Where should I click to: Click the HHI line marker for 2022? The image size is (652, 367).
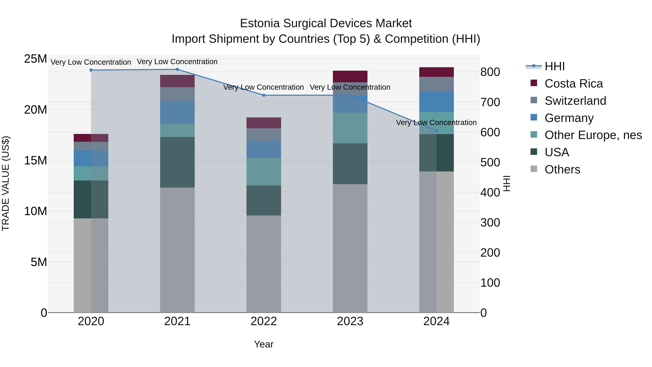pyautogui.click(x=264, y=95)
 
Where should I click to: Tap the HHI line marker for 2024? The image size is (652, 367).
pyautogui.click(x=436, y=131)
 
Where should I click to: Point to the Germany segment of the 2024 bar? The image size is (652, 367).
pyautogui.click(x=436, y=101)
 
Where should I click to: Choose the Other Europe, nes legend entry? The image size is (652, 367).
pyautogui.click(x=593, y=135)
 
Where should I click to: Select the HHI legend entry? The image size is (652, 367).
pyautogui.click(x=554, y=66)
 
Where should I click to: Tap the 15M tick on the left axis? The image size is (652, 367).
pyautogui.click(x=35, y=161)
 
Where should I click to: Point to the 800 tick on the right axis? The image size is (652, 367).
pyautogui.click(x=490, y=72)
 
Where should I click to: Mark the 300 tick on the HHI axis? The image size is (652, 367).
pyautogui.click(x=490, y=223)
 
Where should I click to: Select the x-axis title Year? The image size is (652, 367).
pyautogui.click(x=264, y=344)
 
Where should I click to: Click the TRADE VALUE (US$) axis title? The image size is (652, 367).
pyautogui.click(x=6, y=183)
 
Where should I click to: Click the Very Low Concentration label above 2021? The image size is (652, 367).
pyautogui.click(x=177, y=62)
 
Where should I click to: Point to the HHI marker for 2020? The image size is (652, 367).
pyautogui.click(x=91, y=70)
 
